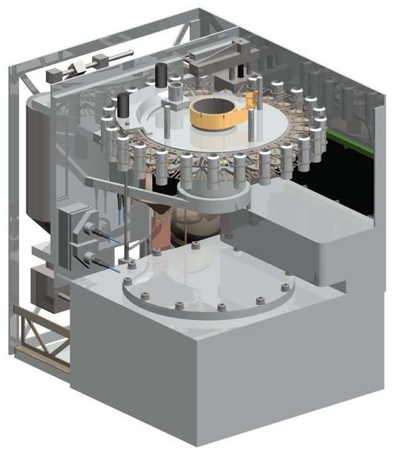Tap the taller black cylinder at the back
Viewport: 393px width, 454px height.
[x=162, y=75]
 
